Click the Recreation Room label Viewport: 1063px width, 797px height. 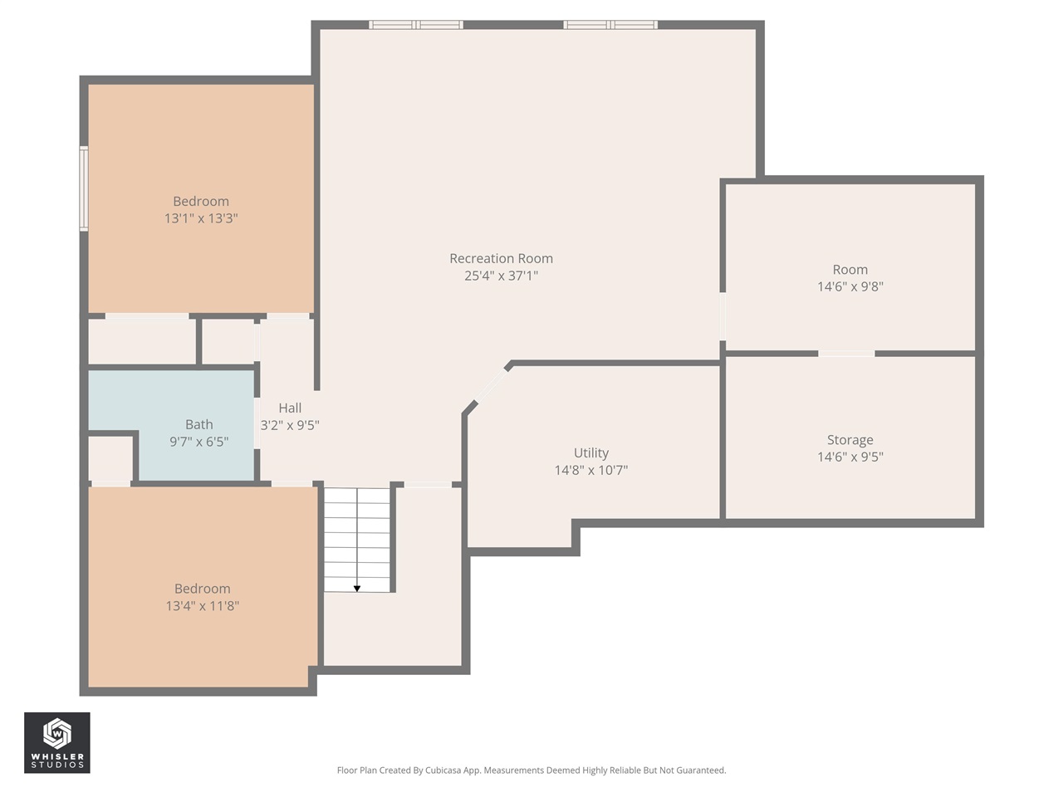[x=501, y=258]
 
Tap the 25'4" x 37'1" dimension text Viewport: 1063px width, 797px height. [x=501, y=276]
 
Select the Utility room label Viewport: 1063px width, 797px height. [x=590, y=452]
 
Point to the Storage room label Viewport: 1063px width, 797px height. [x=850, y=440]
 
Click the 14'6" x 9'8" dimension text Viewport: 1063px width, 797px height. [x=850, y=286]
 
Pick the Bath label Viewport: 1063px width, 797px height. [x=198, y=424]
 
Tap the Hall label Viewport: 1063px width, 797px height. [x=290, y=408]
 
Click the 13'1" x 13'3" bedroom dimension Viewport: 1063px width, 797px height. [x=201, y=218]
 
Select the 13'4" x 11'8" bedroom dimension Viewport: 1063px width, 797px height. [x=202, y=606]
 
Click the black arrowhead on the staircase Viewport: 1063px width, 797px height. [x=357, y=589]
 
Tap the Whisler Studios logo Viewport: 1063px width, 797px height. [x=56, y=743]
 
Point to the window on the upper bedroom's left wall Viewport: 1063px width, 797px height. [x=84, y=188]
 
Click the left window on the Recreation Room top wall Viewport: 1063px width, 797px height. [x=416, y=25]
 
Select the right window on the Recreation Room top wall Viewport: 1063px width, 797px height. [x=610, y=25]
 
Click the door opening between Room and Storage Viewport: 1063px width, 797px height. [x=846, y=354]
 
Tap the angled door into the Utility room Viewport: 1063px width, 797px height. [x=491, y=386]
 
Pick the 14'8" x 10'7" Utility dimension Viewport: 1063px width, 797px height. [x=590, y=470]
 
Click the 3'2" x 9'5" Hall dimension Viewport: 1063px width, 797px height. [x=290, y=425]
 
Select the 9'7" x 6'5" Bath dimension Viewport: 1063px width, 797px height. [x=198, y=442]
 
